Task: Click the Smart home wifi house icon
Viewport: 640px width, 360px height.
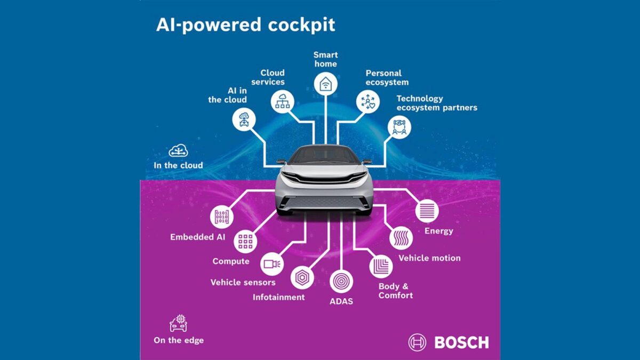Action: click(325, 84)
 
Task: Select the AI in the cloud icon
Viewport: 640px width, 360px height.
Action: click(244, 119)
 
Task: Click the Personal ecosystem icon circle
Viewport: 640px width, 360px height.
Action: click(368, 101)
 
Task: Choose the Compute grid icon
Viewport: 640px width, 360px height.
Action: click(245, 242)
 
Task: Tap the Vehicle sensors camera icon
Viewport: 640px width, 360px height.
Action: click(272, 264)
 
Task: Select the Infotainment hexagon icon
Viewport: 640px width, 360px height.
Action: click(302, 278)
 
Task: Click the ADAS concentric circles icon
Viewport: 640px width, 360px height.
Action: click(341, 281)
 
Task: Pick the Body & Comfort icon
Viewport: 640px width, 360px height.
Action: click(381, 266)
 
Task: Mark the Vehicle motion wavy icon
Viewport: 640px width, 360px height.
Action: click(401, 238)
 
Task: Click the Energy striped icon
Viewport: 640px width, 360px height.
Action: click(427, 211)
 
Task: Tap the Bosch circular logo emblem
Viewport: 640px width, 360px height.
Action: click(417, 342)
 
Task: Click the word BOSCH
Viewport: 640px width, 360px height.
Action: click(461, 342)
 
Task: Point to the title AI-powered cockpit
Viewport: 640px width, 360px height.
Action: click(245, 25)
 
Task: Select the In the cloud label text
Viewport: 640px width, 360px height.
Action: click(178, 165)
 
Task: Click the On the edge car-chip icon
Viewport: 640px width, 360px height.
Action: click(178, 323)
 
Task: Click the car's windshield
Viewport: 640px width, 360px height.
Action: click(324, 155)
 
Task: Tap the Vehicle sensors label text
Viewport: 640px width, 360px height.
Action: click(243, 282)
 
